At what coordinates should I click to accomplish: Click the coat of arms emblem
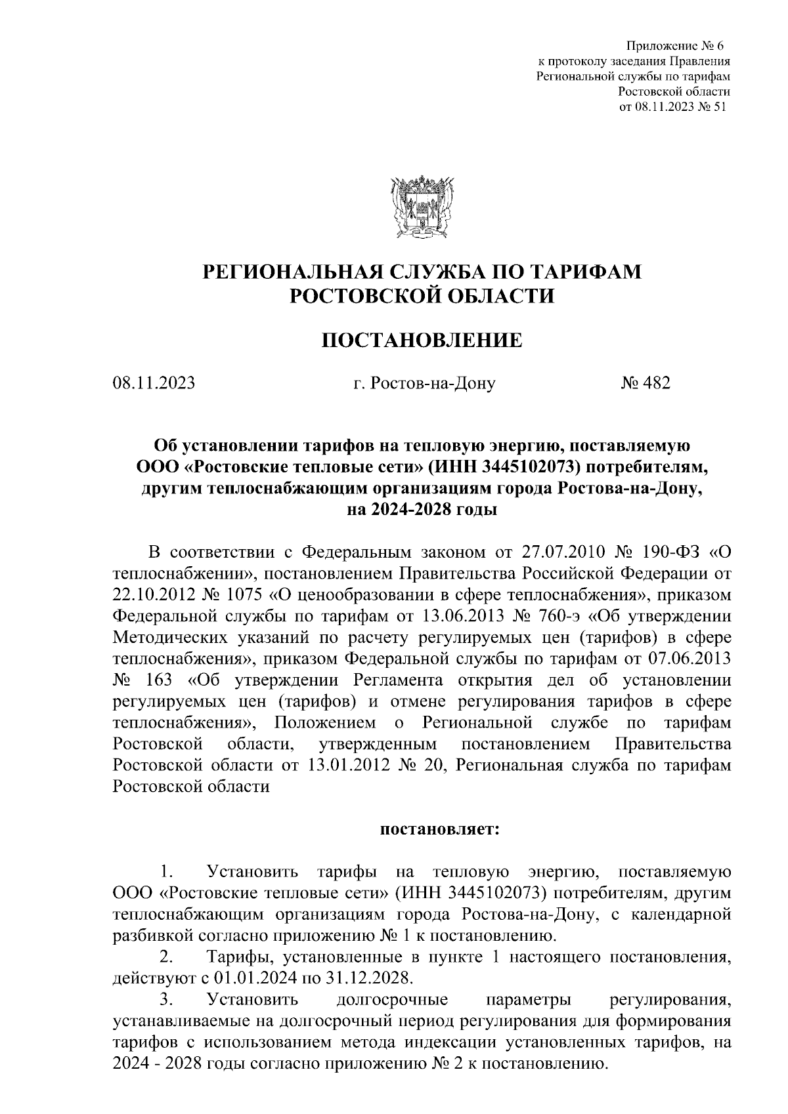(x=420, y=205)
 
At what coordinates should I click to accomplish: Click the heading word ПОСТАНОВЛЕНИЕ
(x=420, y=340)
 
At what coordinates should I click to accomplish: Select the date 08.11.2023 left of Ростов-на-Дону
(x=154, y=382)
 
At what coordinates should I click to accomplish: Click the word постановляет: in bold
(x=440, y=829)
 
